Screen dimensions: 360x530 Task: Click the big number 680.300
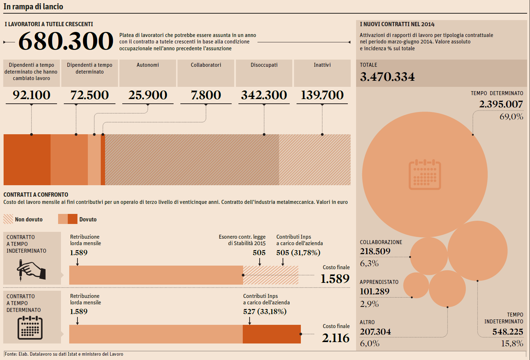click(66, 41)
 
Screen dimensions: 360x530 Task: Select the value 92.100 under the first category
click(32, 95)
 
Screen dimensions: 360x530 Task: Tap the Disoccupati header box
click(264, 73)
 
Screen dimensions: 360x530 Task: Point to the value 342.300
click(264, 95)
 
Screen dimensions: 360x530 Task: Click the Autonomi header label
click(148, 65)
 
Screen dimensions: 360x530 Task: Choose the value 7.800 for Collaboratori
click(206, 95)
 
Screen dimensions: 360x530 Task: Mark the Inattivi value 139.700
click(322, 95)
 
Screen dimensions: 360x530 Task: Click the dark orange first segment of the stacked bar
click(27, 160)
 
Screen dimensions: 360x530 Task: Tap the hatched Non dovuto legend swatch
click(8, 219)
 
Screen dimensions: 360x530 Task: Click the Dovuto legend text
click(88, 220)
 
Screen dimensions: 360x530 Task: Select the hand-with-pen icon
click(32, 270)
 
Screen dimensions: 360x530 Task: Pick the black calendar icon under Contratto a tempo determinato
click(30, 328)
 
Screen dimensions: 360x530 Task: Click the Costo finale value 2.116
click(336, 338)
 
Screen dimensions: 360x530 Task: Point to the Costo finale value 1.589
click(335, 279)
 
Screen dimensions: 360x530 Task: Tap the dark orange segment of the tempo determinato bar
click(271, 334)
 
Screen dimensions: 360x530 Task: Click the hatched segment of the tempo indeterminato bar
click(271, 275)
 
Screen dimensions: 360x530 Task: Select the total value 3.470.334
click(387, 77)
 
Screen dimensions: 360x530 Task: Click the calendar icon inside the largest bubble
click(425, 174)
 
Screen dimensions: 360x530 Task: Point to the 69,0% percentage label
click(511, 117)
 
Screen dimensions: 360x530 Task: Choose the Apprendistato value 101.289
click(374, 291)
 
